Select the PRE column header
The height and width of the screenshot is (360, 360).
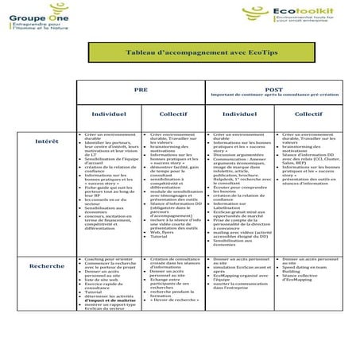point(140,90)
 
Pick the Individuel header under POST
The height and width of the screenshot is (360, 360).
point(239,115)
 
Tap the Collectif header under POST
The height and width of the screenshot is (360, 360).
point(308,115)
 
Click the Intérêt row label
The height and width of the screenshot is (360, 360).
point(47,141)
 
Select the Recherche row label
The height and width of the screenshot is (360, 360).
point(47,265)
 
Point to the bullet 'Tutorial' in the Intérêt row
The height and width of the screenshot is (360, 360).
point(160,237)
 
